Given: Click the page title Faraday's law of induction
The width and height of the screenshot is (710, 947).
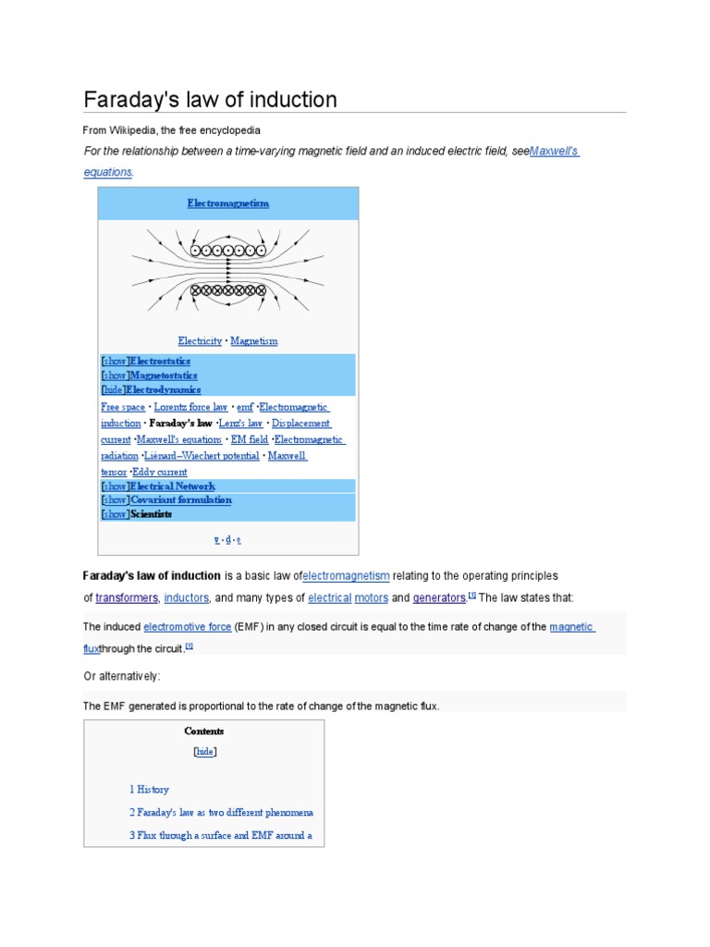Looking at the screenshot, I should click(210, 100).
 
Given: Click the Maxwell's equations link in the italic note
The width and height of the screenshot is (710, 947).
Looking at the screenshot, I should click(554, 151).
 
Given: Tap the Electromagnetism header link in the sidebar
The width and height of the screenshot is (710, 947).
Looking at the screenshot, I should click(227, 203).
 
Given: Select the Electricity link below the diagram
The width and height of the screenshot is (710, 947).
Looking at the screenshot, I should click(200, 341).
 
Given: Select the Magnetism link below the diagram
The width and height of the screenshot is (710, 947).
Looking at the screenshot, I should click(253, 341).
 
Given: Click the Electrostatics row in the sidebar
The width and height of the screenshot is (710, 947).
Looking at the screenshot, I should click(160, 361).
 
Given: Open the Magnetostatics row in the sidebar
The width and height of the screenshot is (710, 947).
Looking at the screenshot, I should click(163, 375).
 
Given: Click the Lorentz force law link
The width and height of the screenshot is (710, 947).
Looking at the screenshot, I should click(190, 407).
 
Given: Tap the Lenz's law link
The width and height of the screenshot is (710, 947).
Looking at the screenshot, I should click(240, 424).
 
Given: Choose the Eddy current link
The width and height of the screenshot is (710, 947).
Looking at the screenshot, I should click(159, 473).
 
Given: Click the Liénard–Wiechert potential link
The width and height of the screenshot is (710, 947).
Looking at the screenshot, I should click(202, 456).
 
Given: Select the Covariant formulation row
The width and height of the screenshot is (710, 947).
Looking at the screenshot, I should click(180, 500).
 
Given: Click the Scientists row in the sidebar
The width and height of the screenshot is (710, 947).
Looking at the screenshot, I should click(151, 514).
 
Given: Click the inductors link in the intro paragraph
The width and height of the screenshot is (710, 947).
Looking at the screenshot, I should click(187, 597).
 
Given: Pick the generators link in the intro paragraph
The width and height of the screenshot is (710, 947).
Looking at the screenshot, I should click(439, 597).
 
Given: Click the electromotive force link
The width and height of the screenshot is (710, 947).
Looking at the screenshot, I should click(188, 627).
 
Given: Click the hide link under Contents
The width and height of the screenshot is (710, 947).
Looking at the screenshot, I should click(204, 752).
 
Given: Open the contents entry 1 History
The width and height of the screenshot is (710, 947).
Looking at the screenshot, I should click(149, 790).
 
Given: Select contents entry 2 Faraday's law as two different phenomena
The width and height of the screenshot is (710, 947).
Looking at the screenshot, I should click(221, 813).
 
